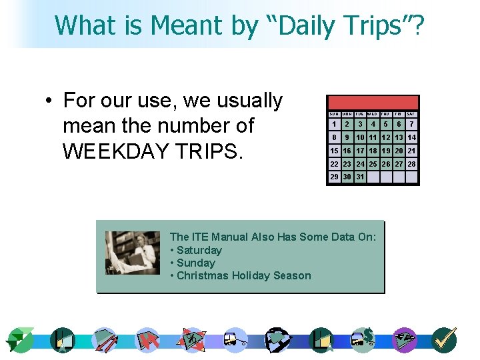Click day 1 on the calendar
click(x=334, y=124)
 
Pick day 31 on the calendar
click(x=361, y=177)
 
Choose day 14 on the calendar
click(x=412, y=137)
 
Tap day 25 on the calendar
click(x=373, y=164)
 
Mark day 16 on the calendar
click(x=347, y=151)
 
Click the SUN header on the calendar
click(x=334, y=114)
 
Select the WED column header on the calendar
click(x=373, y=114)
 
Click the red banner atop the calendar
click(x=373, y=103)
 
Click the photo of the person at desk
click(x=133, y=253)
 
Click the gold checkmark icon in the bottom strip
click(x=443, y=340)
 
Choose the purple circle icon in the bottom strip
click(x=404, y=340)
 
